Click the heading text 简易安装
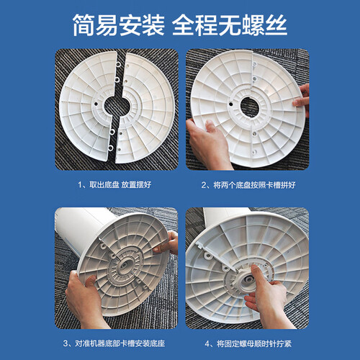pos(119,25)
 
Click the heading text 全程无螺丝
pos(230,25)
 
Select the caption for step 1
pos(114,184)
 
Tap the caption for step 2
pos(248,185)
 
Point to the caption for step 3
pos(114,343)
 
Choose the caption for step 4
pos(248,343)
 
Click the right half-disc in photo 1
pos(146,108)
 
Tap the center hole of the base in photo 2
pos(250,107)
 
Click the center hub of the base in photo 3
pos(125,266)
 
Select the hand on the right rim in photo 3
pos(168,243)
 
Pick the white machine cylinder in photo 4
pos(225,216)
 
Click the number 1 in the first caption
pos(80,185)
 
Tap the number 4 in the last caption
pos(207,343)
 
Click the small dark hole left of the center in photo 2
pos(231,104)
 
